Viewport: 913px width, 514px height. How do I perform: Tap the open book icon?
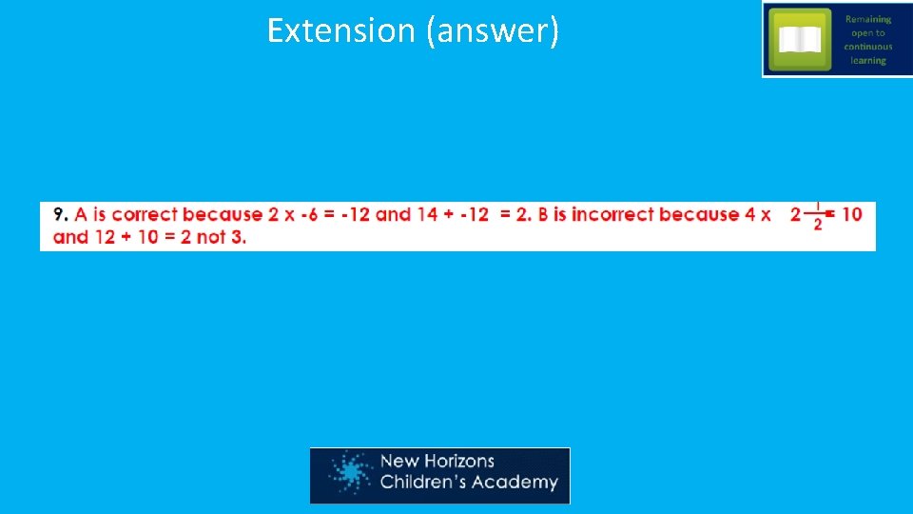click(800, 39)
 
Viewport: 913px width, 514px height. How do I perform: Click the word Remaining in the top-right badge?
click(867, 19)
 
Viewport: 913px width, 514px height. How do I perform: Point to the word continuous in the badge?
click(867, 47)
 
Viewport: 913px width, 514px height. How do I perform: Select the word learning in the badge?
click(867, 60)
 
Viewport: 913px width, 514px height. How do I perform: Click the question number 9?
click(60, 214)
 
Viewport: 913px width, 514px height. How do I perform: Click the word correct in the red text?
click(145, 214)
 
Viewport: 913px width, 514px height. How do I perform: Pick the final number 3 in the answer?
click(240, 236)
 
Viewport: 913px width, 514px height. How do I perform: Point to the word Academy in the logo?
click(518, 483)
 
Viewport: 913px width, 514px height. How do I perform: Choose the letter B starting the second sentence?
click(544, 214)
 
